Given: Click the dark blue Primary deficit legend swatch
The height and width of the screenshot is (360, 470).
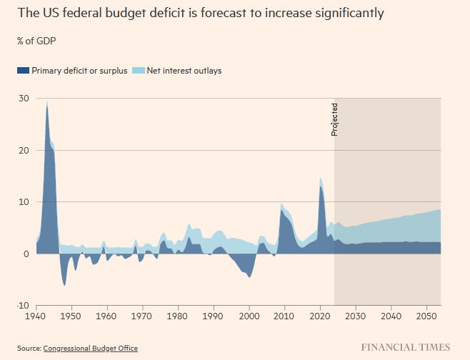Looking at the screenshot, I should [24, 71].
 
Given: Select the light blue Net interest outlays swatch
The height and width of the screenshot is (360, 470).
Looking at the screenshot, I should [141, 71].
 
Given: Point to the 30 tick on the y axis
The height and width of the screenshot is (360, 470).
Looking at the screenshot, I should [23, 98].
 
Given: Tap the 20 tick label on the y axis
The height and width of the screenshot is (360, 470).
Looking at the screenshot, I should [23, 150].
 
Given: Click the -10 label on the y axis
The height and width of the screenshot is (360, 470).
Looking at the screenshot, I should [21, 305].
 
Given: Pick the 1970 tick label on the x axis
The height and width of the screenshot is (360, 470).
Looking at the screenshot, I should [142, 315].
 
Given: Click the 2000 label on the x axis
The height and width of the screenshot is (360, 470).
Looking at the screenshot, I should [249, 315].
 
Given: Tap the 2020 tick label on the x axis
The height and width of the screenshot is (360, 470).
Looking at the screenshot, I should [321, 315].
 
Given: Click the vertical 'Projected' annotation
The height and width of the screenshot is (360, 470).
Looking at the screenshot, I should [334, 119].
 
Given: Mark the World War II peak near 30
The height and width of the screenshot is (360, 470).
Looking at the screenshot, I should [47, 101].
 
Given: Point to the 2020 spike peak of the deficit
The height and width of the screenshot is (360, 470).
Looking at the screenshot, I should [321, 179].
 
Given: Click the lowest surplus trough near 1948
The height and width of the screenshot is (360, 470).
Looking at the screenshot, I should [64, 285].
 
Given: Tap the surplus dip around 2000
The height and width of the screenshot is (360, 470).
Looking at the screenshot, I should [249, 276].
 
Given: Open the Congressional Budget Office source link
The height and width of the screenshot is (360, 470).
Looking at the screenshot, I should [90, 349].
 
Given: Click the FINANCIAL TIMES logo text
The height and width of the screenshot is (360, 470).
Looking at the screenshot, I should [405, 347].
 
